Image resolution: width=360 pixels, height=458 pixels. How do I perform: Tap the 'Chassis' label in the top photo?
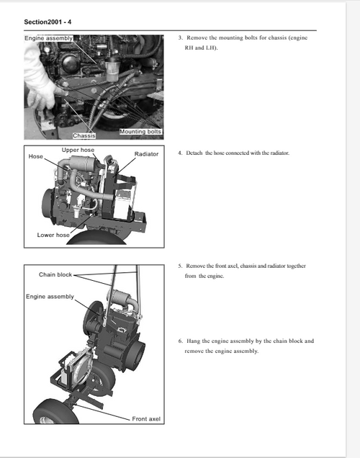[x=85, y=135]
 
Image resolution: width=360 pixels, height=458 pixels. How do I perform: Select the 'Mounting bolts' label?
[x=140, y=132]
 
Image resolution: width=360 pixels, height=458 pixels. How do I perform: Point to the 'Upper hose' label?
[x=78, y=150]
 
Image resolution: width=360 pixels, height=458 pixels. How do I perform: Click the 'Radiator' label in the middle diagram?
[x=146, y=154]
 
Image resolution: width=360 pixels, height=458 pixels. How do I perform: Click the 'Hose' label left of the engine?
[x=36, y=156]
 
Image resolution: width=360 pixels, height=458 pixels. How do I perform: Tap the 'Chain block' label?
[x=55, y=274]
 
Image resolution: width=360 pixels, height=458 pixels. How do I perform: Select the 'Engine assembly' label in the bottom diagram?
[x=50, y=297]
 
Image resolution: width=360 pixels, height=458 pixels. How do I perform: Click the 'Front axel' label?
[x=146, y=418]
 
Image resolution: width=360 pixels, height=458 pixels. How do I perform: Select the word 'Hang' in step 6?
[x=194, y=341]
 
